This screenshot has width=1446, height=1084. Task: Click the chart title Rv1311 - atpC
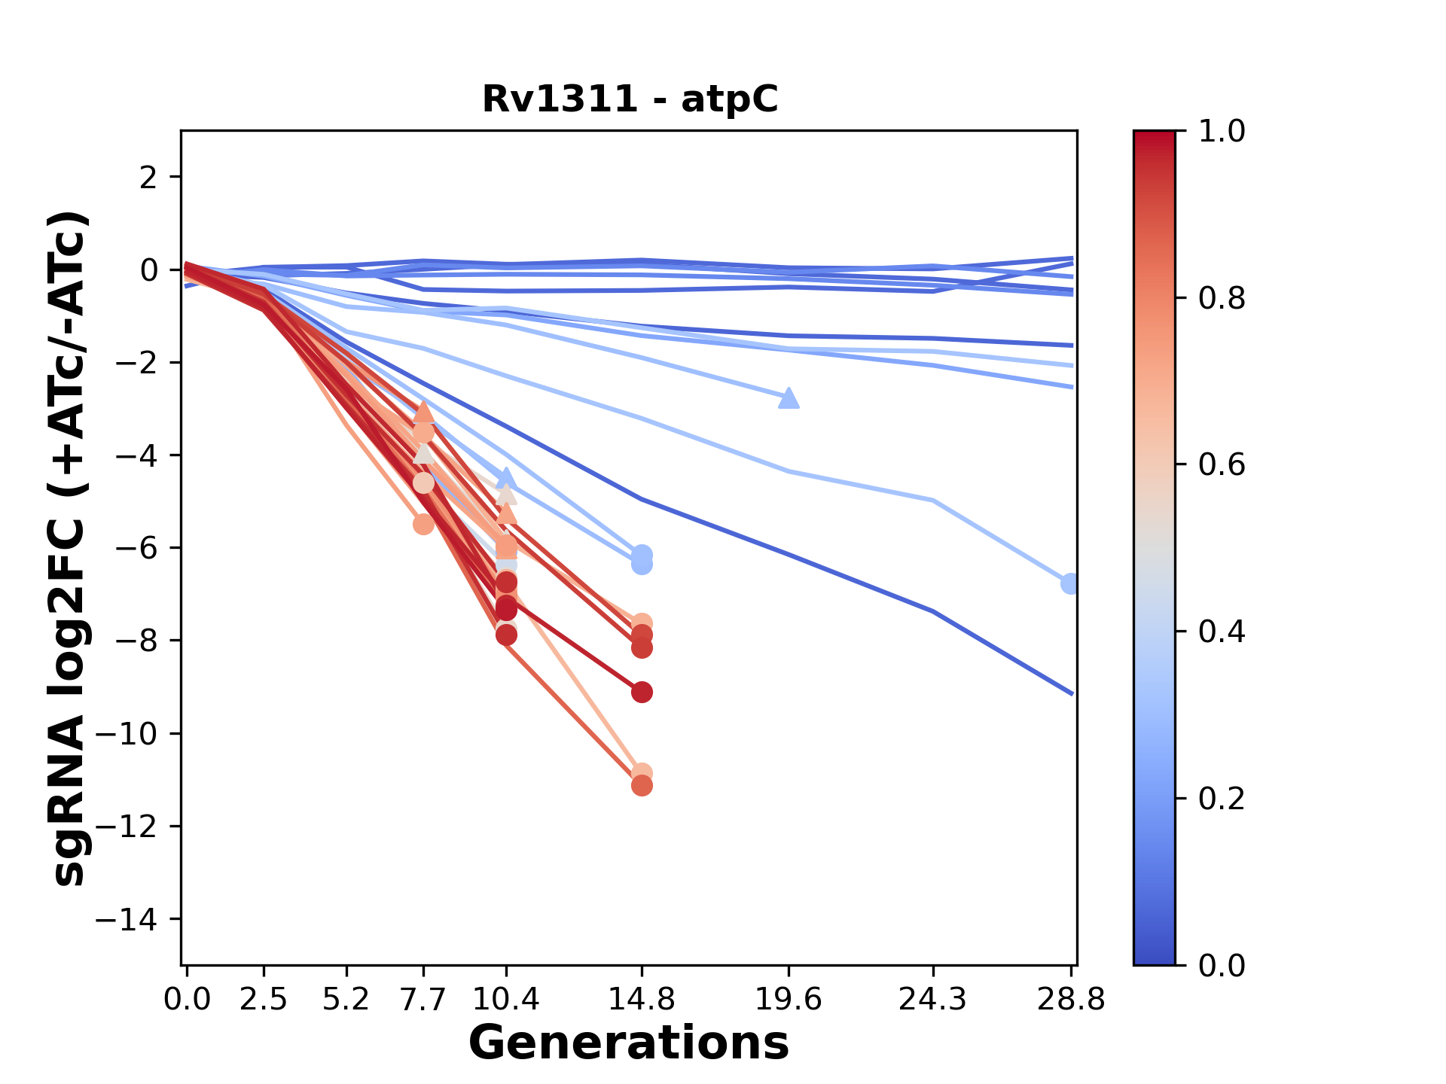[x=630, y=99]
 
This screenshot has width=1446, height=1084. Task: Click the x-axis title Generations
[x=629, y=1043]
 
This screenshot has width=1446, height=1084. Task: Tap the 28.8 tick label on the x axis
[x=1071, y=999]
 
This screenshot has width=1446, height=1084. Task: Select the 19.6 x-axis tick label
[x=789, y=999]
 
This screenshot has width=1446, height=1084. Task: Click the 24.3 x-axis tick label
[x=933, y=999]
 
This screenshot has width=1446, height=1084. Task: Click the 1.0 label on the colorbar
[x=1222, y=132]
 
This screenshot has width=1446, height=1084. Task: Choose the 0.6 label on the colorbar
[x=1222, y=465]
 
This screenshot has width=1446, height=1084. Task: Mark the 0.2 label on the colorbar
[x=1222, y=799]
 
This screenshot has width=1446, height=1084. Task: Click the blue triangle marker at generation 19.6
[x=789, y=398]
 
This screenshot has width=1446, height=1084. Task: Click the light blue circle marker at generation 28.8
[x=1070, y=583]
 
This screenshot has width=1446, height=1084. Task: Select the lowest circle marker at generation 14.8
[x=642, y=786]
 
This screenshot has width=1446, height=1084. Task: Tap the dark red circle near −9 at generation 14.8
[x=642, y=693]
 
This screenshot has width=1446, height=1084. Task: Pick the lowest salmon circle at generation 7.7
[x=424, y=524]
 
